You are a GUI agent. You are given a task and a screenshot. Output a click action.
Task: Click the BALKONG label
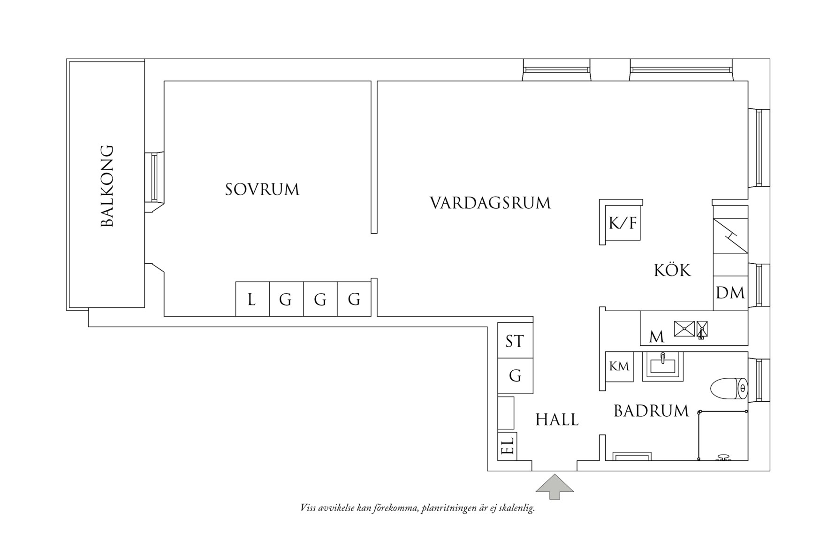pos(107,186)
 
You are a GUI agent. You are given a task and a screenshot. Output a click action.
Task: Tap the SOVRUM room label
pos(262,190)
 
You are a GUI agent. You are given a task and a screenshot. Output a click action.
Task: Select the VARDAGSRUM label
pos(490,203)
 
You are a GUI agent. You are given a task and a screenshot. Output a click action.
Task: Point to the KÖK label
pos(672,271)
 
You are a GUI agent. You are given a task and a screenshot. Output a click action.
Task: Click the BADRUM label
pos(651,411)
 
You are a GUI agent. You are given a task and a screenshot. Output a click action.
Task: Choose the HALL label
pos(557,420)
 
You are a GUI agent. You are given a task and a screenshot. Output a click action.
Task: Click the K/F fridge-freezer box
pos(622,223)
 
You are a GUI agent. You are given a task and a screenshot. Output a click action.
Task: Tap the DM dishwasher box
pos(730,293)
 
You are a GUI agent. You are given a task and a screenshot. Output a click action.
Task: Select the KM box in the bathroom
pos(619,366)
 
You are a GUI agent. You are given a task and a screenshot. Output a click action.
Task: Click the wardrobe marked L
pos(252,299)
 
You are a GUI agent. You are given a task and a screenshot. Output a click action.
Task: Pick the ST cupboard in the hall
pos(515,341)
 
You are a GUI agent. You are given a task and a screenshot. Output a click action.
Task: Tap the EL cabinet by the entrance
pos(507,445)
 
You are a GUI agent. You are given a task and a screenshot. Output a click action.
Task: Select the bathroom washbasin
pos(662,366)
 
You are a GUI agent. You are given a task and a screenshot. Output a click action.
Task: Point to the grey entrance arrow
pos(554,487)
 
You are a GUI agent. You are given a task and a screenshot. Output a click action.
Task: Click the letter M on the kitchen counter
pos(656,336)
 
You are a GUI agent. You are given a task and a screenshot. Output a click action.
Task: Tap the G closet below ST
pos(515,376)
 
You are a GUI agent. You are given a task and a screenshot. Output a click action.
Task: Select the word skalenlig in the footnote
pos(516,509)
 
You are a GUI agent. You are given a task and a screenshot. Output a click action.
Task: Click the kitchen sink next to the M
pos(684,328)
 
